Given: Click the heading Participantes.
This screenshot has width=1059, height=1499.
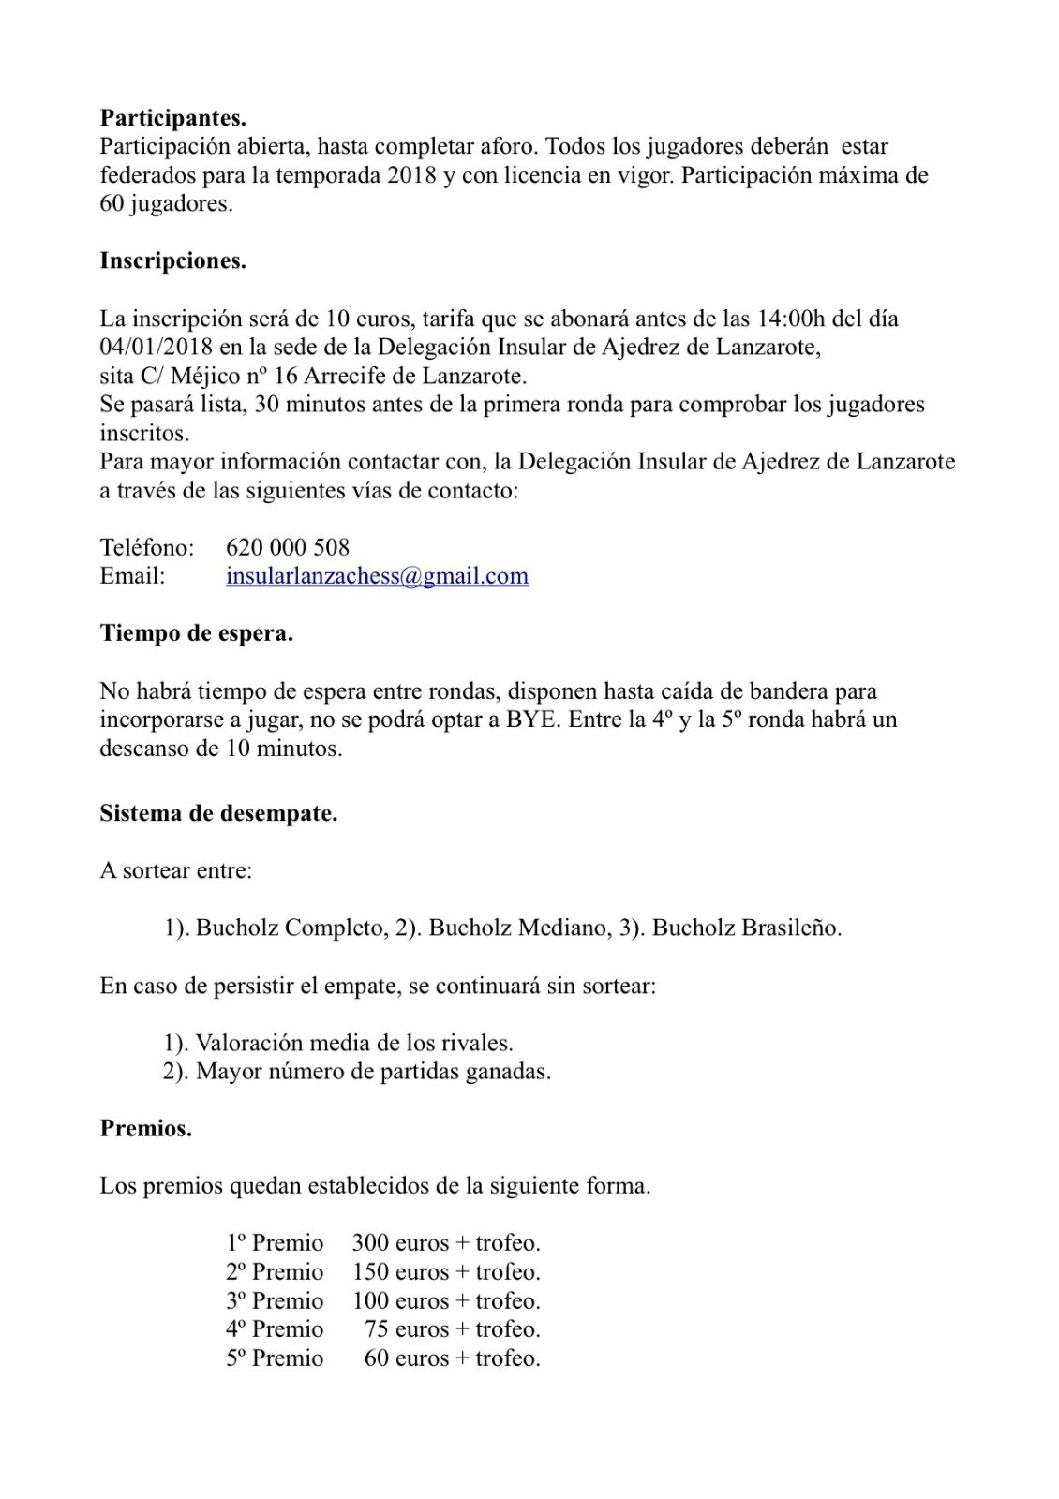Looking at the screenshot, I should (172, 118).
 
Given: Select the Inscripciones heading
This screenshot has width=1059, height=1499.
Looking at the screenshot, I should (172, 261).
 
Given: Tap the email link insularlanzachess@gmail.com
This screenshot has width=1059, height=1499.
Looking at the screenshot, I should (377, 576).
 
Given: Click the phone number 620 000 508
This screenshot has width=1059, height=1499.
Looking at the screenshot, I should (288, 548).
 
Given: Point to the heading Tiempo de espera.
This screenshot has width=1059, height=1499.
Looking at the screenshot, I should (196, 634).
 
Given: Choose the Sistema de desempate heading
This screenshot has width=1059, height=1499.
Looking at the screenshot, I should (218, 813).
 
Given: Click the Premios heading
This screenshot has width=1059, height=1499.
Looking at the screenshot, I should (145, 1129).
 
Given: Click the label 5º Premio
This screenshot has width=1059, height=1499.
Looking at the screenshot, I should (274, 1358).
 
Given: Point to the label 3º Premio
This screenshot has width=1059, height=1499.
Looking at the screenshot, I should (274, 1301).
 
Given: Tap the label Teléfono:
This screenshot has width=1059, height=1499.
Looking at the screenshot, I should (147, 548).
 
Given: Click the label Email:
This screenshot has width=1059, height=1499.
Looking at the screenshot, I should (132, 576).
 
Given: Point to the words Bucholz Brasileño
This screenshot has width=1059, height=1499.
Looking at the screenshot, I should (746, 928).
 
